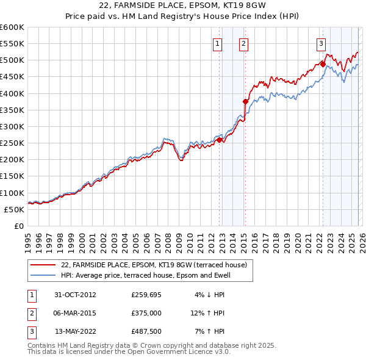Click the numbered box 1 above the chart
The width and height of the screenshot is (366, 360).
(x=218, y=43)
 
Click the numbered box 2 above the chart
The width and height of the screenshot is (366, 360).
(x=243, y=43)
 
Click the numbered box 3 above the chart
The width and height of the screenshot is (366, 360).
(x=321, y=43)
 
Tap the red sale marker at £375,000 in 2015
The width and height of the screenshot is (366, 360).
(x=245, y=102)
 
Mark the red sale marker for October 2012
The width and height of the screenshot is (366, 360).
(x=220, y=140)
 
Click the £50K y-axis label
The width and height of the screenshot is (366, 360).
(x=15, y=209)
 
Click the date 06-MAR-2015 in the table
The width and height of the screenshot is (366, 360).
(x=75, y=313)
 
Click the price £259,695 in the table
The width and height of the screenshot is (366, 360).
(x=146, y=294)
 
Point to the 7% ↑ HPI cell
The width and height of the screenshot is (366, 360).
(x=209, y=331)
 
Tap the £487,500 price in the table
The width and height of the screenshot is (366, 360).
(x=146, y=331)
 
